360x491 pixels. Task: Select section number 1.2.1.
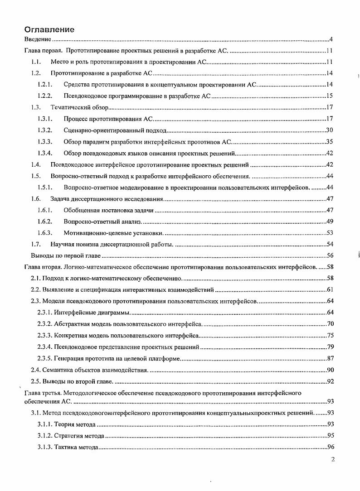45,85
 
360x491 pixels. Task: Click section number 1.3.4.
45,153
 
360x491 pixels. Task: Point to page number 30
330,130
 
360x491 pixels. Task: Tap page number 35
330,142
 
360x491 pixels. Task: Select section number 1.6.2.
45,221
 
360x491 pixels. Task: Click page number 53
330,233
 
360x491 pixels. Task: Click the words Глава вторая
42,267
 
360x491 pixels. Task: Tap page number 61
330,289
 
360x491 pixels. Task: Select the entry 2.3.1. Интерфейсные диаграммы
84,313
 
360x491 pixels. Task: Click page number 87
330,358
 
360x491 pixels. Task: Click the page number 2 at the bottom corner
333,459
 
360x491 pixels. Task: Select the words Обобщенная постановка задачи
109,210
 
